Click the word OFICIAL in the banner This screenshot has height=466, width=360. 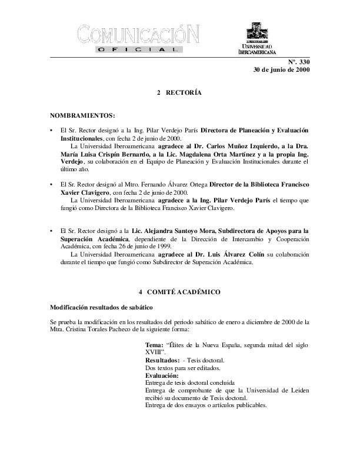coord(139,51)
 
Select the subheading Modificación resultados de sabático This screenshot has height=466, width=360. coord(101,308)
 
